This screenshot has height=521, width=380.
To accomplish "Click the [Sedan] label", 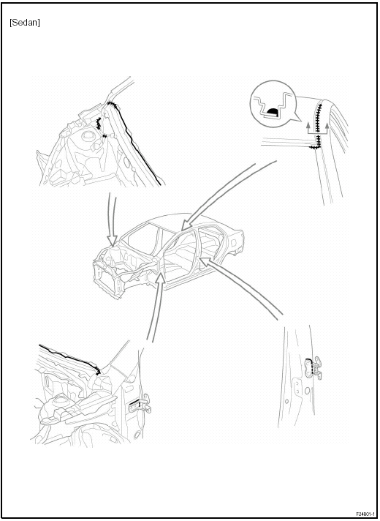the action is [25, 23].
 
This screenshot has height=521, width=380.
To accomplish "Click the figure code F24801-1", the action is [365, 514].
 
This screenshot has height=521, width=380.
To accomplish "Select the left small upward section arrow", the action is [308, 127].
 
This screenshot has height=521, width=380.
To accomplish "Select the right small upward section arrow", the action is [327, 128].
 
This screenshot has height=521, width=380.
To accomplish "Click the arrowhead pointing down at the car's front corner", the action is [113, 241].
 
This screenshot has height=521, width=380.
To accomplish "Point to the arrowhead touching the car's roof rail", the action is [185, 226].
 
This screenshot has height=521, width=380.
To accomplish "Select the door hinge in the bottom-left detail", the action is [141, 404].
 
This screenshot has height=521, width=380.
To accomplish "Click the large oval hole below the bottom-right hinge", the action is [308, 391].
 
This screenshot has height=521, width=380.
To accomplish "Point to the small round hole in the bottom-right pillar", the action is [286, 401].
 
